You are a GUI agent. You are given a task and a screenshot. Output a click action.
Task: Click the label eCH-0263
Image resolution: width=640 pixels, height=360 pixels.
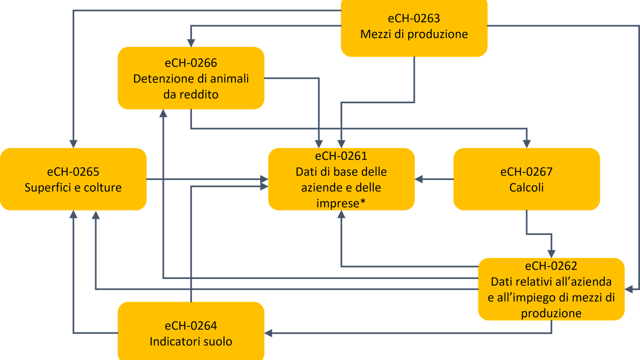(x=414, y=18)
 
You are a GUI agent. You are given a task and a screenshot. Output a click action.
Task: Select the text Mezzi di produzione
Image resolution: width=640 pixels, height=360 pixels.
(x=414, y=34)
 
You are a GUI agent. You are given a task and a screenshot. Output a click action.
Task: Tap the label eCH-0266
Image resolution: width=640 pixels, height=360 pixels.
(x=191, y=63)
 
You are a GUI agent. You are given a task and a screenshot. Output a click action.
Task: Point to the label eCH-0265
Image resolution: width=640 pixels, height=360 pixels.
(x=73, y=171)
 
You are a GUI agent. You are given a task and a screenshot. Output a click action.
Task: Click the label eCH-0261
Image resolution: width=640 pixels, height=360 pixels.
(x=341, y=156)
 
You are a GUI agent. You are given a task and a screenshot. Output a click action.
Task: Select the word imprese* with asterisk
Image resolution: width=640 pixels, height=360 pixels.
(x=341, y=203)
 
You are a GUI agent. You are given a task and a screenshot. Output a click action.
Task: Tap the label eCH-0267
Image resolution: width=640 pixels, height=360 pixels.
(x=526, y=171)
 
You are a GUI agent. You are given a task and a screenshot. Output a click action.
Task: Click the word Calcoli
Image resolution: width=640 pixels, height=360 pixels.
(x=526, y=187)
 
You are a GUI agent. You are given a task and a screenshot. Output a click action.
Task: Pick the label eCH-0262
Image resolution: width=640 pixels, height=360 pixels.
(x=551, y=266)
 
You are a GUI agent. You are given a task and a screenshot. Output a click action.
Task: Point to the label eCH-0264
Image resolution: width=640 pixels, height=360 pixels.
(x=191, y=325)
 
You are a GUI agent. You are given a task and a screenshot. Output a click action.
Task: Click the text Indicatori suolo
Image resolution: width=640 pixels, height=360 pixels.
(x=191, y=341)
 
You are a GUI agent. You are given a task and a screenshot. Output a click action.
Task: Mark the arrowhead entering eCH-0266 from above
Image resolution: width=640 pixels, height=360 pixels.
(x=191, y=42)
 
